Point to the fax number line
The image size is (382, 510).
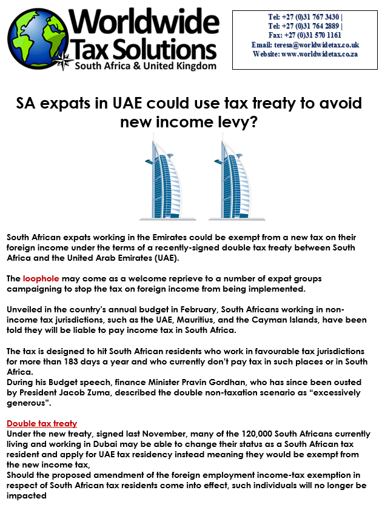304,35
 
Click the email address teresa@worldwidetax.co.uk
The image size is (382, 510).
305,45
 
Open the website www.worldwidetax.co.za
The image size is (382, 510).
304,54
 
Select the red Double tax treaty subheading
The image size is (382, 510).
42,423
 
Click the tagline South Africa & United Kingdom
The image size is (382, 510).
145,65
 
